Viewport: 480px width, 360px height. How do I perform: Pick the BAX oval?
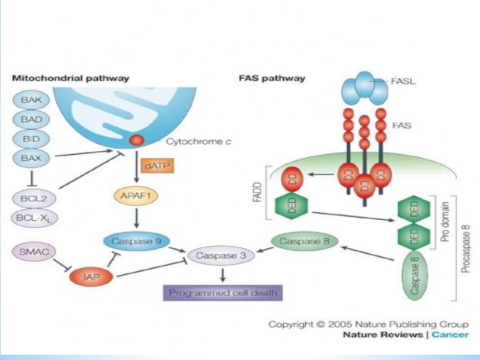coord(31,158)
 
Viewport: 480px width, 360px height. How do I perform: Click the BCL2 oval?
coord(31,199)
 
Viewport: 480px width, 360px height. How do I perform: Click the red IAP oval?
coord(91,277)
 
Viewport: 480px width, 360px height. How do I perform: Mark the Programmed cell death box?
coord(222,293)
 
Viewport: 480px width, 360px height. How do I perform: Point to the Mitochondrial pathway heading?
coord(70,78)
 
